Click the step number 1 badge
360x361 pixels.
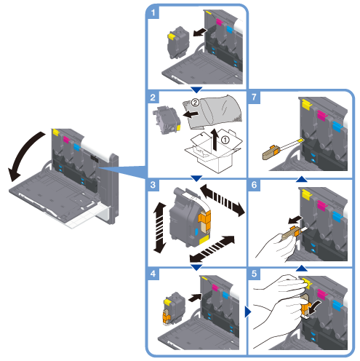point(153,12)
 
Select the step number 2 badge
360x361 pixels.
point(153,98)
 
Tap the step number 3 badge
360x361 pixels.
point(153,185)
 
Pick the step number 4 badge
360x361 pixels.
point(153,274)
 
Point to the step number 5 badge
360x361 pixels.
point(254,274)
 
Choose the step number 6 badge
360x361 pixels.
point(254,185)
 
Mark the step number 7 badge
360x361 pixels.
point(254,98)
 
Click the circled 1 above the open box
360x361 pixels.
point(225,140)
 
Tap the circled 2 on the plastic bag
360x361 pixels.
point(195,103)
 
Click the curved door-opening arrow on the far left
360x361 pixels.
point(20,151)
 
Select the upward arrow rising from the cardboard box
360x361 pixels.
point(215,140)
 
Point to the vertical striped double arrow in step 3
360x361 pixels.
point(159,228)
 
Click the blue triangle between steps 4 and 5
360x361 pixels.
point(248,312)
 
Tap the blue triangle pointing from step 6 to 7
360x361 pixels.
point(302,179)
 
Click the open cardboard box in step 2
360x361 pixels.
point(213,151)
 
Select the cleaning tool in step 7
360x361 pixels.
point(283,149)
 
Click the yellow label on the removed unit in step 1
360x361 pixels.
point(172,36)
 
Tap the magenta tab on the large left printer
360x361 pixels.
point(66,140)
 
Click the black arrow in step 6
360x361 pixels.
point(295,220)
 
